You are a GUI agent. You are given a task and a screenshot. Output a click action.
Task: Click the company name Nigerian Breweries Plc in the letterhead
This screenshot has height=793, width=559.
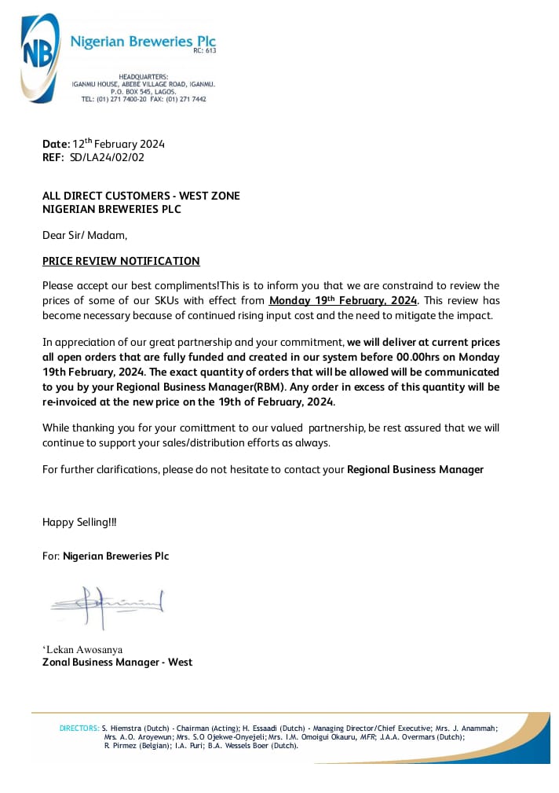[x=143, y=42]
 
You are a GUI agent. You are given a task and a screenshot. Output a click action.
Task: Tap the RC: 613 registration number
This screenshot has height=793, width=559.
[x=204, y=51]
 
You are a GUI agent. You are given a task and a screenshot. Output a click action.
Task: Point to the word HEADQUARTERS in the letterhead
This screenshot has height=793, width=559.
[x=144, y=76]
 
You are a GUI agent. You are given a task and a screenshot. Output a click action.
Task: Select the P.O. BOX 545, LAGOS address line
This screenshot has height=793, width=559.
[x=144, y=91]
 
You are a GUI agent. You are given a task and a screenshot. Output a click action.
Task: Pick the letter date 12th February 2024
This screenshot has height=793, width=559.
[x=119, y=144]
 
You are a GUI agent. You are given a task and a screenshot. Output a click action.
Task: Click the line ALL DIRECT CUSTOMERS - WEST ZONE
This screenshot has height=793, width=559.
[x=141, y=196]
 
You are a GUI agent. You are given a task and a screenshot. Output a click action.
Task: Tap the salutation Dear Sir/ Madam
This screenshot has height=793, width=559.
[x=84, y=234]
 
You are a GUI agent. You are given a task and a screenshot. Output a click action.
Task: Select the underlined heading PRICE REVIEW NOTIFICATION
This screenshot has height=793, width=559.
[x=121, y=261]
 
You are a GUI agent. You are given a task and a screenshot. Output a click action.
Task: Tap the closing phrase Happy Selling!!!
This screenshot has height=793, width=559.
[x=79, y=522]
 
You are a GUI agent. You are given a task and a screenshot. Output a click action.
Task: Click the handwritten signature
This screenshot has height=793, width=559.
[x=107, y=604]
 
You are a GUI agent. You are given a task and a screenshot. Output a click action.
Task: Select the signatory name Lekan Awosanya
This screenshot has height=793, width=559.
[x=84, y=649]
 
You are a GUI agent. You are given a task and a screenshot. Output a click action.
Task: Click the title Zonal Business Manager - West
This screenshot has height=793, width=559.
[x=117, y=662]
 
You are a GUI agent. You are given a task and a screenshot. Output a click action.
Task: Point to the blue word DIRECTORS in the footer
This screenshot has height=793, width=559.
[x=79, y=729]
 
